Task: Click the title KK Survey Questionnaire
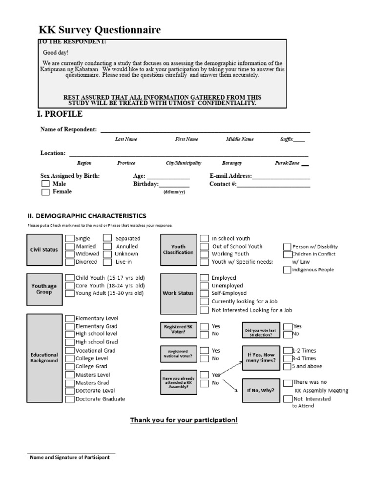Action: click(100, 30)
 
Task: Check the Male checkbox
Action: click(45, 184)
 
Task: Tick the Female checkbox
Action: click(45, 192)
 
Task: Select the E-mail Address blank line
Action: click(281, 176)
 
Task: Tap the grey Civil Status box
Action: click(44, 250)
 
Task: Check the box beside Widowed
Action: click(70, 254)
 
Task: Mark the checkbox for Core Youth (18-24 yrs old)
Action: click(70, 286)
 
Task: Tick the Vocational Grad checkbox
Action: click(70, 351)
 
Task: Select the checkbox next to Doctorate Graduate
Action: click(70, 399)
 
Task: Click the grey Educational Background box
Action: click(44, 358)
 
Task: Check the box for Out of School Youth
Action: click(204, 247)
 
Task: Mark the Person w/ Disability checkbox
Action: click(288, 247)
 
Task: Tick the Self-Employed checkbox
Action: click(204, 293)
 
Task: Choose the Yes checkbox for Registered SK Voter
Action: click(204, 326)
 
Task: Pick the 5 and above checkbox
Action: click(288, 366)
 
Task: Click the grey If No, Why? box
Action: click(261, 391)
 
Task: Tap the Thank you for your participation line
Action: click(184, 420)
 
